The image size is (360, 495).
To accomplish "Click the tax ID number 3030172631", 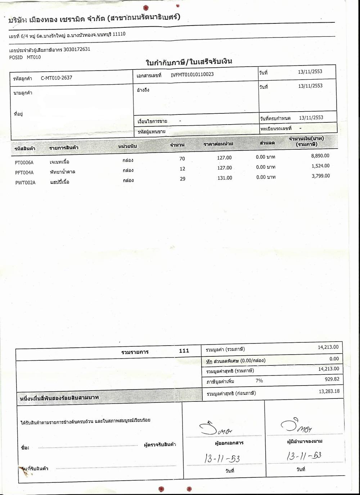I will pyautogui.click(x=77, y=50).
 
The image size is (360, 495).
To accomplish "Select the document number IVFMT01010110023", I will pyautogui.click(x=192, y=75).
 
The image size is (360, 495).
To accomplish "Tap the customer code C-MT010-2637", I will pyautogui.click(x=57, y=78).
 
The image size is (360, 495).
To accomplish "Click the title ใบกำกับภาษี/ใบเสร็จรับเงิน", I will pyautogui.click(x=189, y=62).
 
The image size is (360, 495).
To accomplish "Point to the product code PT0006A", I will pyautogui.click(x=24, y=162).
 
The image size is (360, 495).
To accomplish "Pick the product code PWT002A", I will pyautogui.click(x=25, y=183).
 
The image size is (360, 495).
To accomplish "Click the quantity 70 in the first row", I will pyautogui.click(x=182, y=159).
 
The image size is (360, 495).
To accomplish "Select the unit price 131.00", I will pyautogui.click(x=225, y=178).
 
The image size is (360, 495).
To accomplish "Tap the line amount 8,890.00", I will pyautogui.click(x=320, y=156).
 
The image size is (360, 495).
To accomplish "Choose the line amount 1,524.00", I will pyautogui.click(x=320, y=166).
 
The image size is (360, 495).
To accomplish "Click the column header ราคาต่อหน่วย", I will pyautogui.click(x=218, y=144).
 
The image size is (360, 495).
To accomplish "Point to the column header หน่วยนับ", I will pyautogui.click(x=127, y=147).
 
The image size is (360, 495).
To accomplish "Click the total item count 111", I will pyautogui.click(x=184, y=351).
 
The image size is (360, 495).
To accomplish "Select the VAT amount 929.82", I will pyautogui.click(x=332, y=379).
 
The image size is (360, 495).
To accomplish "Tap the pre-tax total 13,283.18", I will pyautogui.click(x=329, y=391).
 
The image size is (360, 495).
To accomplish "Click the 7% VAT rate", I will pyautogui.click(x=259, y=381).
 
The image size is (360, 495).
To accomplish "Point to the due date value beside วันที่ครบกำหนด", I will pyautogui.click(x=311, y=118).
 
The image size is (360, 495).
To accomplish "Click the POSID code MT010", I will pyautogui.click(x=34, y=57).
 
